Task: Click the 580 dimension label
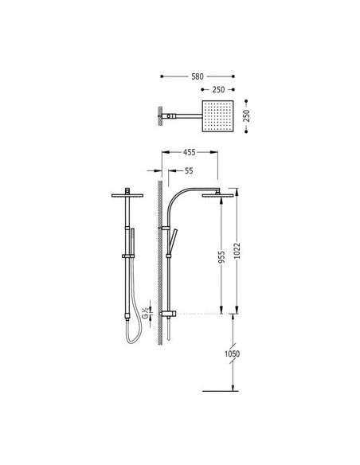[x=198, y=76]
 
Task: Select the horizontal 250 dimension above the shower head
[x=218, y=89]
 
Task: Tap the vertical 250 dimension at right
[x=246, y=116]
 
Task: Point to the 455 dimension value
[x=190, y=152]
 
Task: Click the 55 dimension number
[x=189, y=171]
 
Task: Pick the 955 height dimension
[x=221, y=257]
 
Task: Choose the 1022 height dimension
[x=237, y=251]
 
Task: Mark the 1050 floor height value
[x=232, y=354]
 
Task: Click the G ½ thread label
[x=145, y=313]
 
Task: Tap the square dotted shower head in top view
[x=217, y=116]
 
